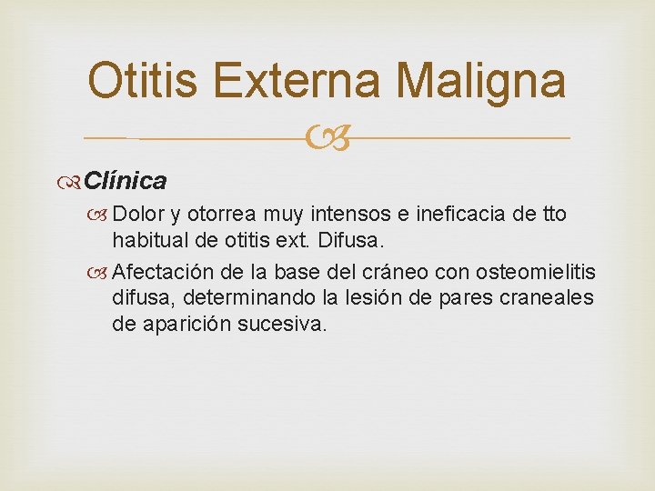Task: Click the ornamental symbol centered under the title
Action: click(x=326, y=138)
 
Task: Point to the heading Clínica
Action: click(x=126, y=181)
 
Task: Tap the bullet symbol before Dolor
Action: click(x=101, y=215)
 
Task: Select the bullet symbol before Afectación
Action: click(x=101, y=272)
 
